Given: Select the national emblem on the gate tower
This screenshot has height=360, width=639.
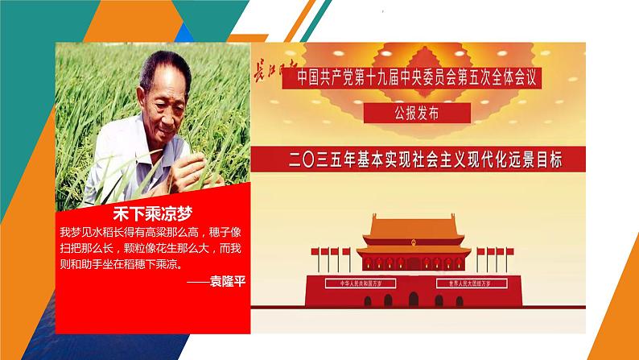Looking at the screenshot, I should click(x=412, y=239).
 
